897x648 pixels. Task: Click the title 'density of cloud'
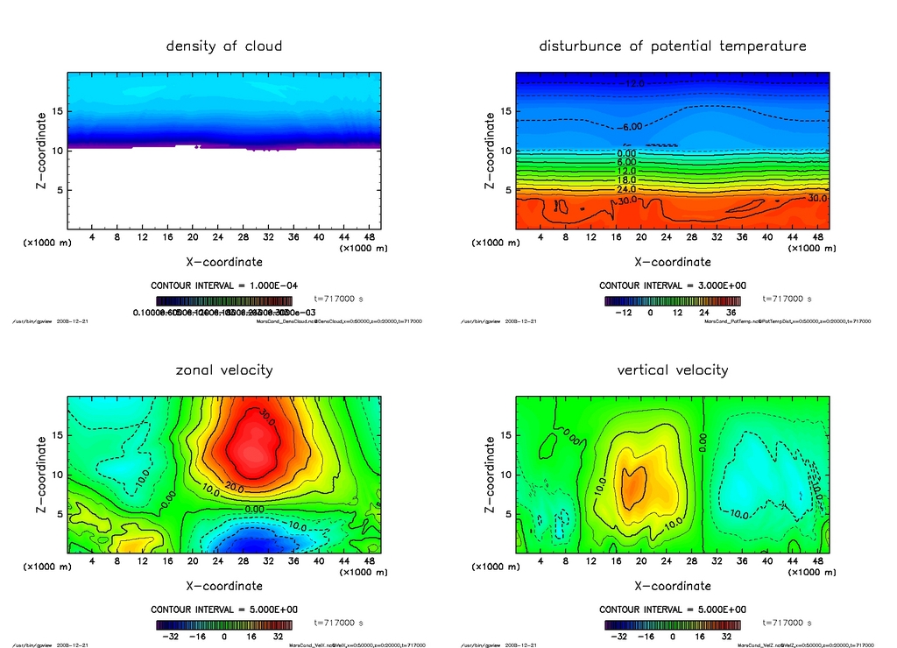click(224, 46)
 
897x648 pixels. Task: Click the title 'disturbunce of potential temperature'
click(673, 46)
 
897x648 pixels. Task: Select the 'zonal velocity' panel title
click(224, 370)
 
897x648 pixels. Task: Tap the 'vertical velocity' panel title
click(673, 370)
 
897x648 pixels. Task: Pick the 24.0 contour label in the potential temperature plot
click(626, 189)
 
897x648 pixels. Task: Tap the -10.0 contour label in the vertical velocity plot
click(738, 514)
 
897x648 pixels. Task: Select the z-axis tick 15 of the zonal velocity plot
click(53, 435)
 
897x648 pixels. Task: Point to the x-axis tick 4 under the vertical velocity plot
click(540, 561)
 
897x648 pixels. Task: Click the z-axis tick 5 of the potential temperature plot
click(505, 190)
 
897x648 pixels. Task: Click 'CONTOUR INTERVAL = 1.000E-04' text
click(225, 285)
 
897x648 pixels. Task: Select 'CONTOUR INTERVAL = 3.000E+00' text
click(673, 285)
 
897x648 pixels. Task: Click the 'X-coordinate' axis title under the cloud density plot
click(224, 261)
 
